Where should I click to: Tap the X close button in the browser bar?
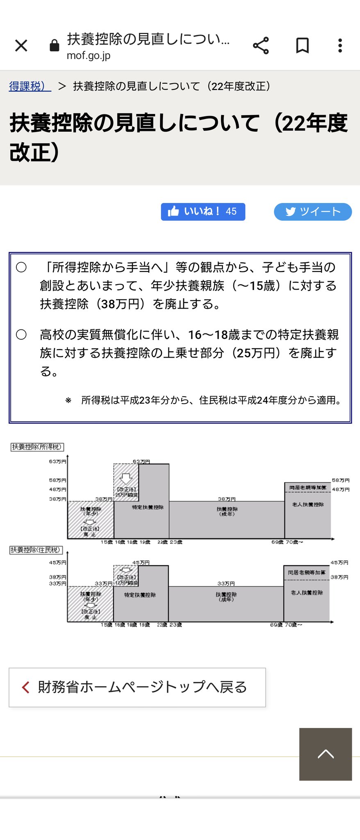pyautogui.click(x=21, y=46)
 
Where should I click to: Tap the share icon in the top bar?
pyautogui.click(x=261, y=46)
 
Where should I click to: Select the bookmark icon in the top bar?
pyautogui.click(x=303, y=46)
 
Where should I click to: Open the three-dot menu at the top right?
pyautogui.click(x=340, y=46)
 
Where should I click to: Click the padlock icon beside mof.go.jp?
pyautogui.click(x=54, y=46)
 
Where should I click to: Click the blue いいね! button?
pyautogui.click(x=203, y=212)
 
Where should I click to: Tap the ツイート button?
pyautogui.click(x=312, y=212)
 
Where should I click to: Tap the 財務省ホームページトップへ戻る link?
pyautogui.click(x=137, y=687)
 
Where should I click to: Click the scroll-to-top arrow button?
pyautogui.click(x=326, y=754)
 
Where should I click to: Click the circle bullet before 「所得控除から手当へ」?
pyautogui.click(x=21, y=267)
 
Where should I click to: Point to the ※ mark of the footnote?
pyautogui.click(x=68, y=400)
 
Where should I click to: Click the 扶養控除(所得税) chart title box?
pyautogui.click(x=37, y=447)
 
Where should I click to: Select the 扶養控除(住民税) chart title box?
pyautogui.click(x=36, y=550)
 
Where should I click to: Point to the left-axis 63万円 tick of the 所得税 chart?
pyautogui.click(x=58, y=461)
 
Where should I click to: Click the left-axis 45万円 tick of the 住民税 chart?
pyautogui.click(x=58, y=562)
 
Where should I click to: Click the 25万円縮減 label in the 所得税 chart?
pyautogui.click(x=126, y=495)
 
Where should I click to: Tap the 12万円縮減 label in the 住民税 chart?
pyautogui.click(x=126, y=583)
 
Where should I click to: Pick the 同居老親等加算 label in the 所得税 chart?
pyautogui.click(x=308, y=488)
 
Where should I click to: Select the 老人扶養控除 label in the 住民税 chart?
pyautogui.click(x=307, y=593)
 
